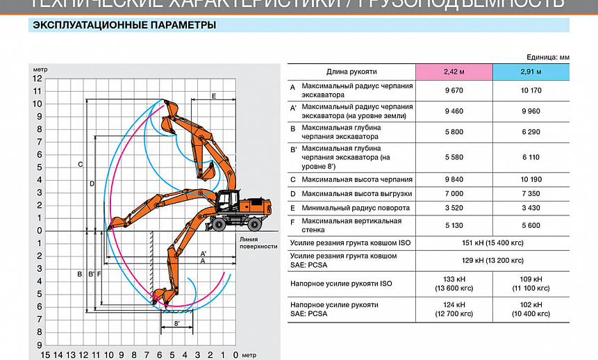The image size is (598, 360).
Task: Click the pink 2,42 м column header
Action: point(454,72)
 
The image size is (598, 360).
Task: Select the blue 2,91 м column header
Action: point(531,72)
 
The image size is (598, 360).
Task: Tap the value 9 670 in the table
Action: point(454,90)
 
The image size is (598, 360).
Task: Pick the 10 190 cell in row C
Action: point(531,179)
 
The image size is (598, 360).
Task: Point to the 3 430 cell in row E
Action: point(531,208)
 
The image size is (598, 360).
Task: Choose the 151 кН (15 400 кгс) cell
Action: point(492,243)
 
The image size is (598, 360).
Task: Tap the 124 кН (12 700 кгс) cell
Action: point(454,310)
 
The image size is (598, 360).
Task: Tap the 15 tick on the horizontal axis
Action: point(45,355)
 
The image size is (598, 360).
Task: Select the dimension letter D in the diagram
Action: point(92,183)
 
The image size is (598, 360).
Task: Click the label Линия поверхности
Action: point(254,243)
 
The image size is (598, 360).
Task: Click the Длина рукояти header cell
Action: point(351,72)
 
